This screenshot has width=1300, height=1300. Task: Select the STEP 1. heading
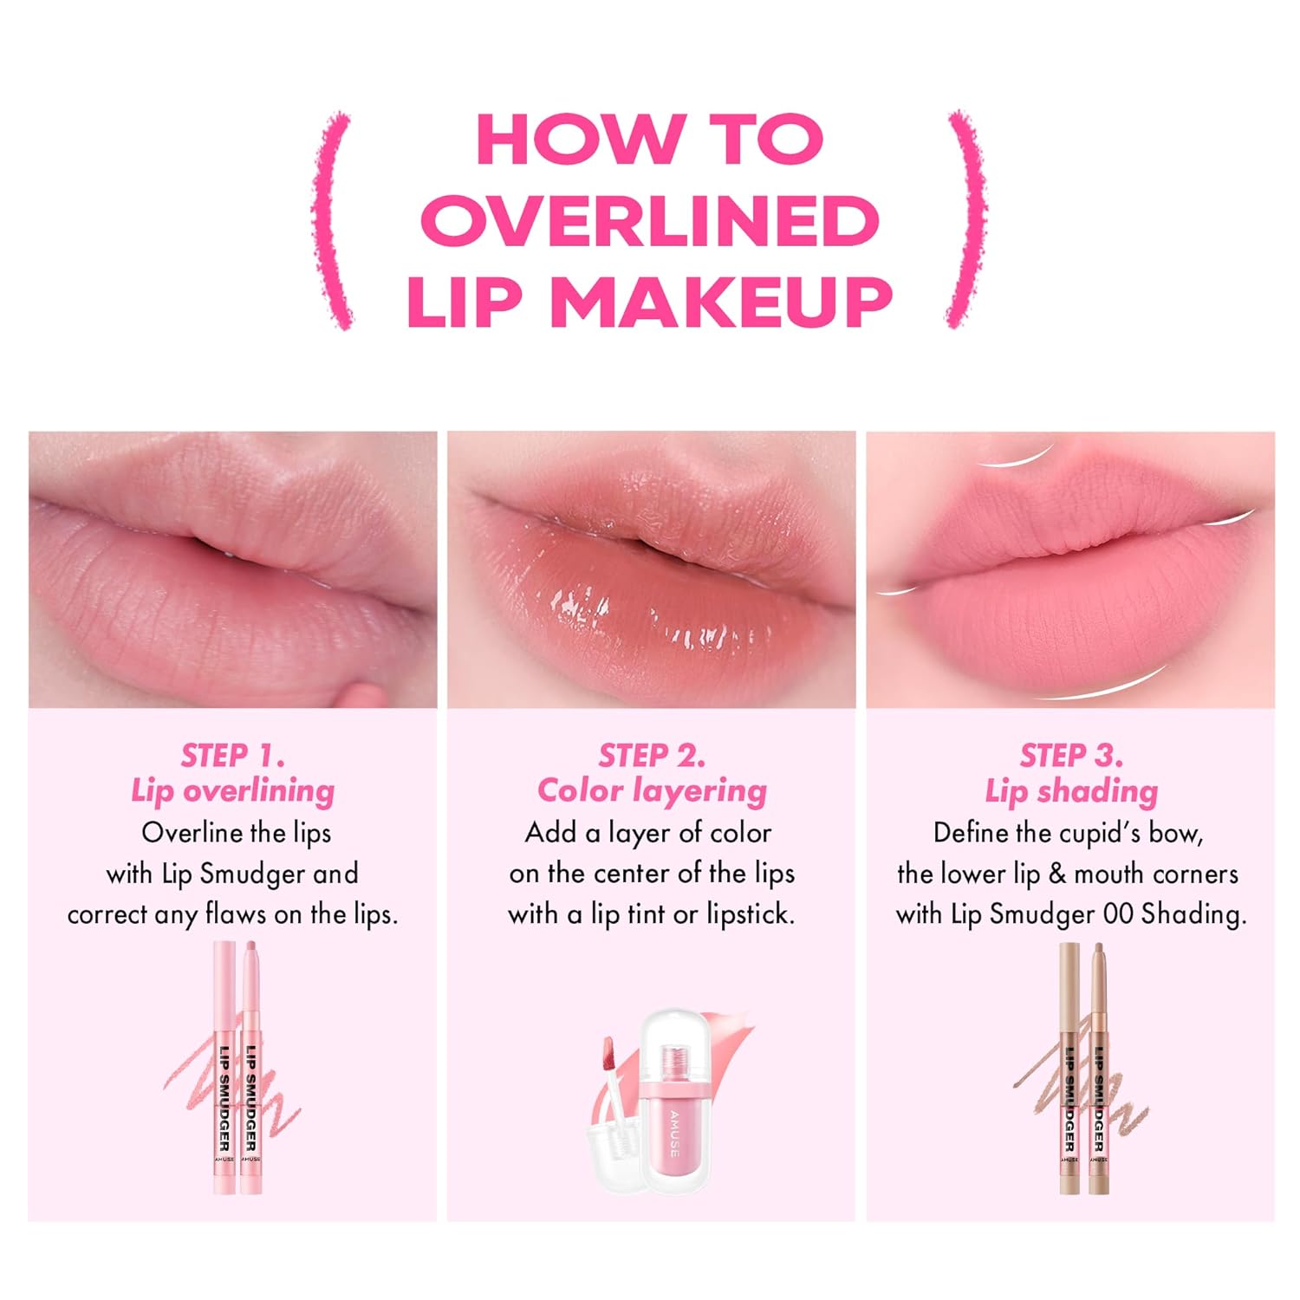(x=232, y=756)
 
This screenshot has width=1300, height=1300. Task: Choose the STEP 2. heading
(x=652, y=756)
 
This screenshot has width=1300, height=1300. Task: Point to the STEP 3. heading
(x=1071, y=756)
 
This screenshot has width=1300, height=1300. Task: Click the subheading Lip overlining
(x=232, y=791)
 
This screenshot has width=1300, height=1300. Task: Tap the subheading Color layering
(x=652, y=791)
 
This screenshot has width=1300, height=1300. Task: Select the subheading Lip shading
(x=1071, y=791)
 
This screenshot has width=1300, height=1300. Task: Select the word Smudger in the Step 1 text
(x=253, y=874)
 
